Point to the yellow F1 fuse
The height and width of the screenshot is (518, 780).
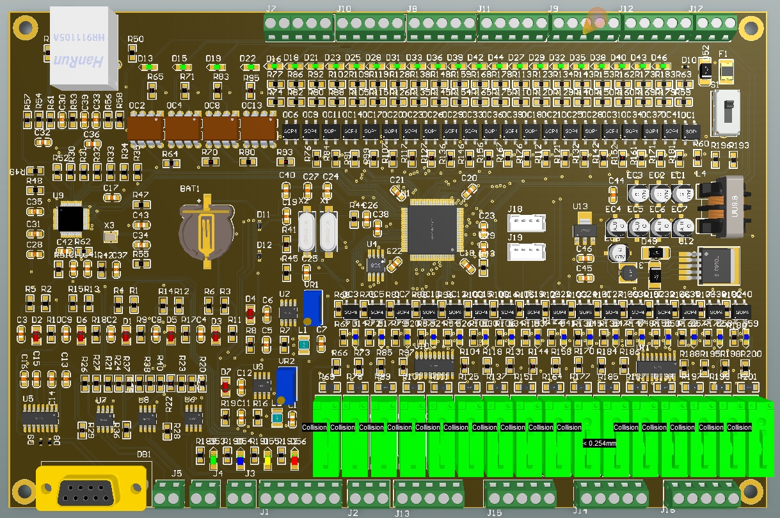click(727, 68)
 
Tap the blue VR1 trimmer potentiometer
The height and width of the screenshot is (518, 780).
click(312, 307)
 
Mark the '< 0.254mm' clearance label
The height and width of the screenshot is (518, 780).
click(599, 443)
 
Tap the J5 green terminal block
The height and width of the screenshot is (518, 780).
click(169, 494)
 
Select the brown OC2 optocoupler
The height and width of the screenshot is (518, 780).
click(145, 129)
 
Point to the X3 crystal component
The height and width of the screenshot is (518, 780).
click(110, 237)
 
